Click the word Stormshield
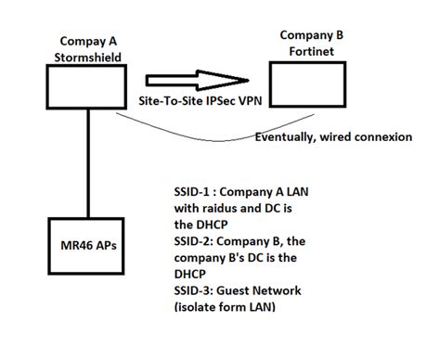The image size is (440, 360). pyautogui.click(x=94, y=55)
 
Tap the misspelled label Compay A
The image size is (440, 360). pyautogui.click(x=94, y=40)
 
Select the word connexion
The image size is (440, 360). pyautogui.click(x=378, y=138)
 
